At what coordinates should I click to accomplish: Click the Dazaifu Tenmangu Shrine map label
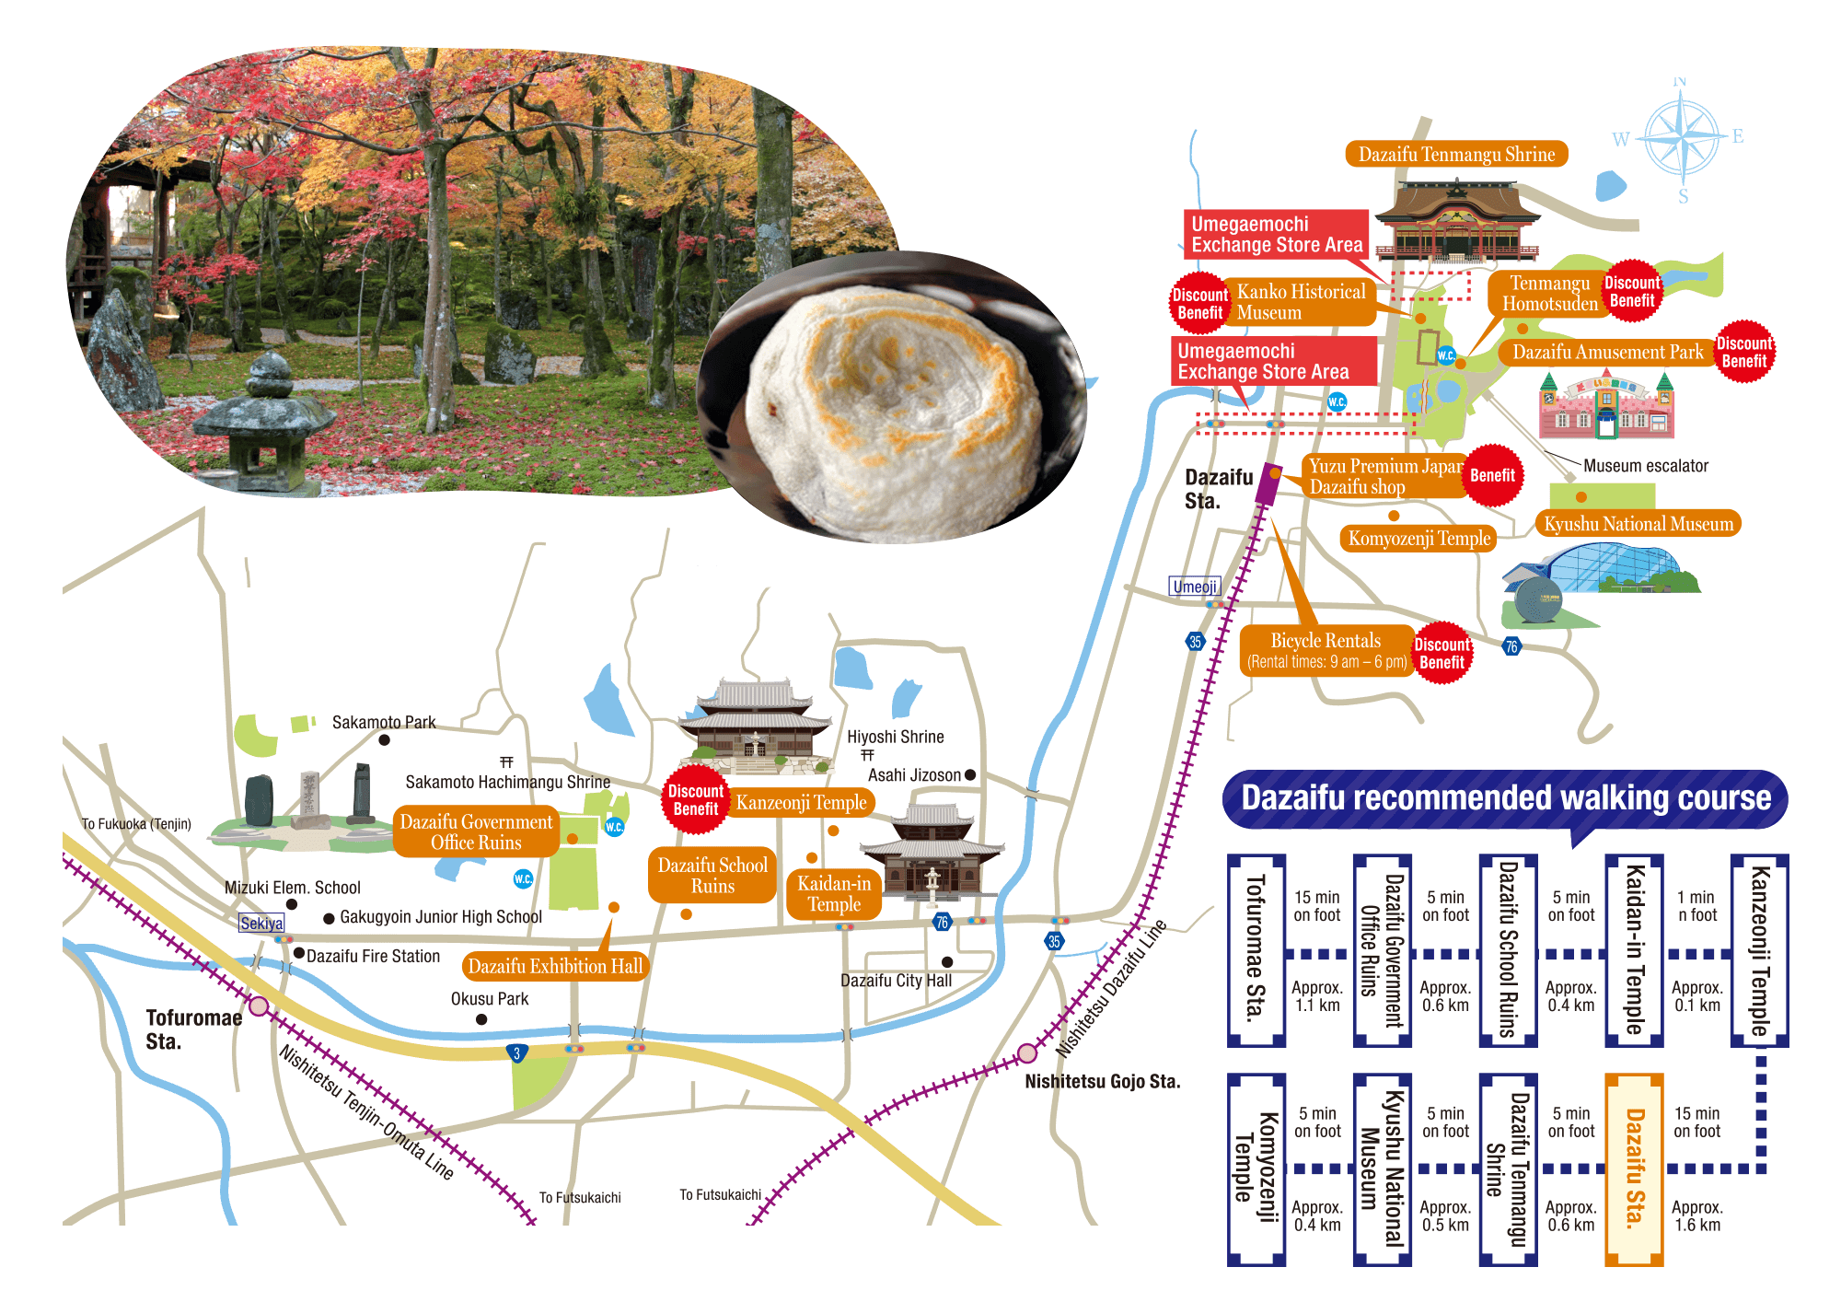point(1456,155)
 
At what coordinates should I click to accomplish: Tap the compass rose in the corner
point(1682,138)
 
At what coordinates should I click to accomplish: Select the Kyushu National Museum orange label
point(1638,524)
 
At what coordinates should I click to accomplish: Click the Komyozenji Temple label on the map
point(1418,539)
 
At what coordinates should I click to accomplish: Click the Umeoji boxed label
point(1195,587)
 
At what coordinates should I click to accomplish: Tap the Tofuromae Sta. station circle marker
point(260,1006)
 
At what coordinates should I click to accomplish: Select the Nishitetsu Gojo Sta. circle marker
point(1027,1053)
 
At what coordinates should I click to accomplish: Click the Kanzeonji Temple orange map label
point(801,803)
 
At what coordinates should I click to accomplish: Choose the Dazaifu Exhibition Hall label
point(555,966)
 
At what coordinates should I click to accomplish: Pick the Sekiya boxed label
point(261,924)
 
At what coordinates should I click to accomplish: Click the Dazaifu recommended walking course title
point(1505,798)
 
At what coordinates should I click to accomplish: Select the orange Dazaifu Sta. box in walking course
point(1634,1168)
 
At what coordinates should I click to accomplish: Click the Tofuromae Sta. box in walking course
point(1256,950)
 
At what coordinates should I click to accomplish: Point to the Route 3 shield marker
point(517,1052)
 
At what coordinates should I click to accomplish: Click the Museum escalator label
point(1645,466)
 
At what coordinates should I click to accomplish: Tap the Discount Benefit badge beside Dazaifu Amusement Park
point(1743,352)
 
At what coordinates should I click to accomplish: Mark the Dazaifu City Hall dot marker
point(947,962)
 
